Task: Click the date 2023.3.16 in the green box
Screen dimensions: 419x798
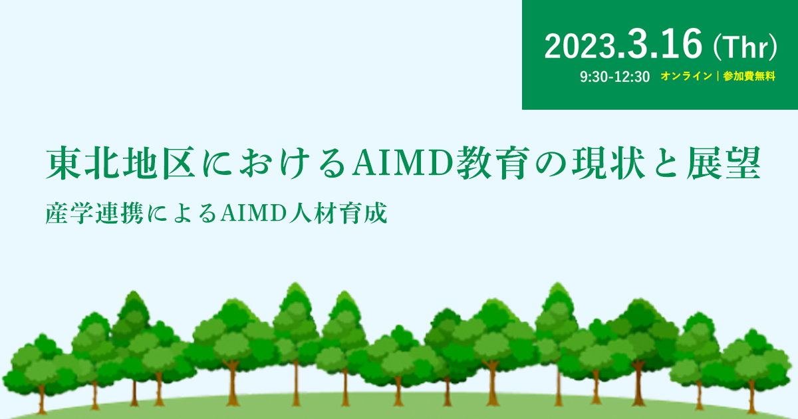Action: tap(624, 45)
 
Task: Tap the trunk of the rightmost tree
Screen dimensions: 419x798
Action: tap(751, 398)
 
